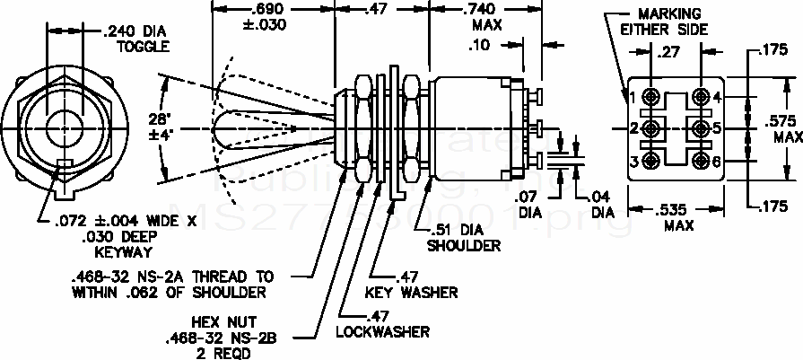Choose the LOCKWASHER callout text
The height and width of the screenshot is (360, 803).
[382, 324]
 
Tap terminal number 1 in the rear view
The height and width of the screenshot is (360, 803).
[633, 97]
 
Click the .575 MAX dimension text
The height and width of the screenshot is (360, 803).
[773, 128]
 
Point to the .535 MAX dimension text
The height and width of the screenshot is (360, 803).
[678, 217]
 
